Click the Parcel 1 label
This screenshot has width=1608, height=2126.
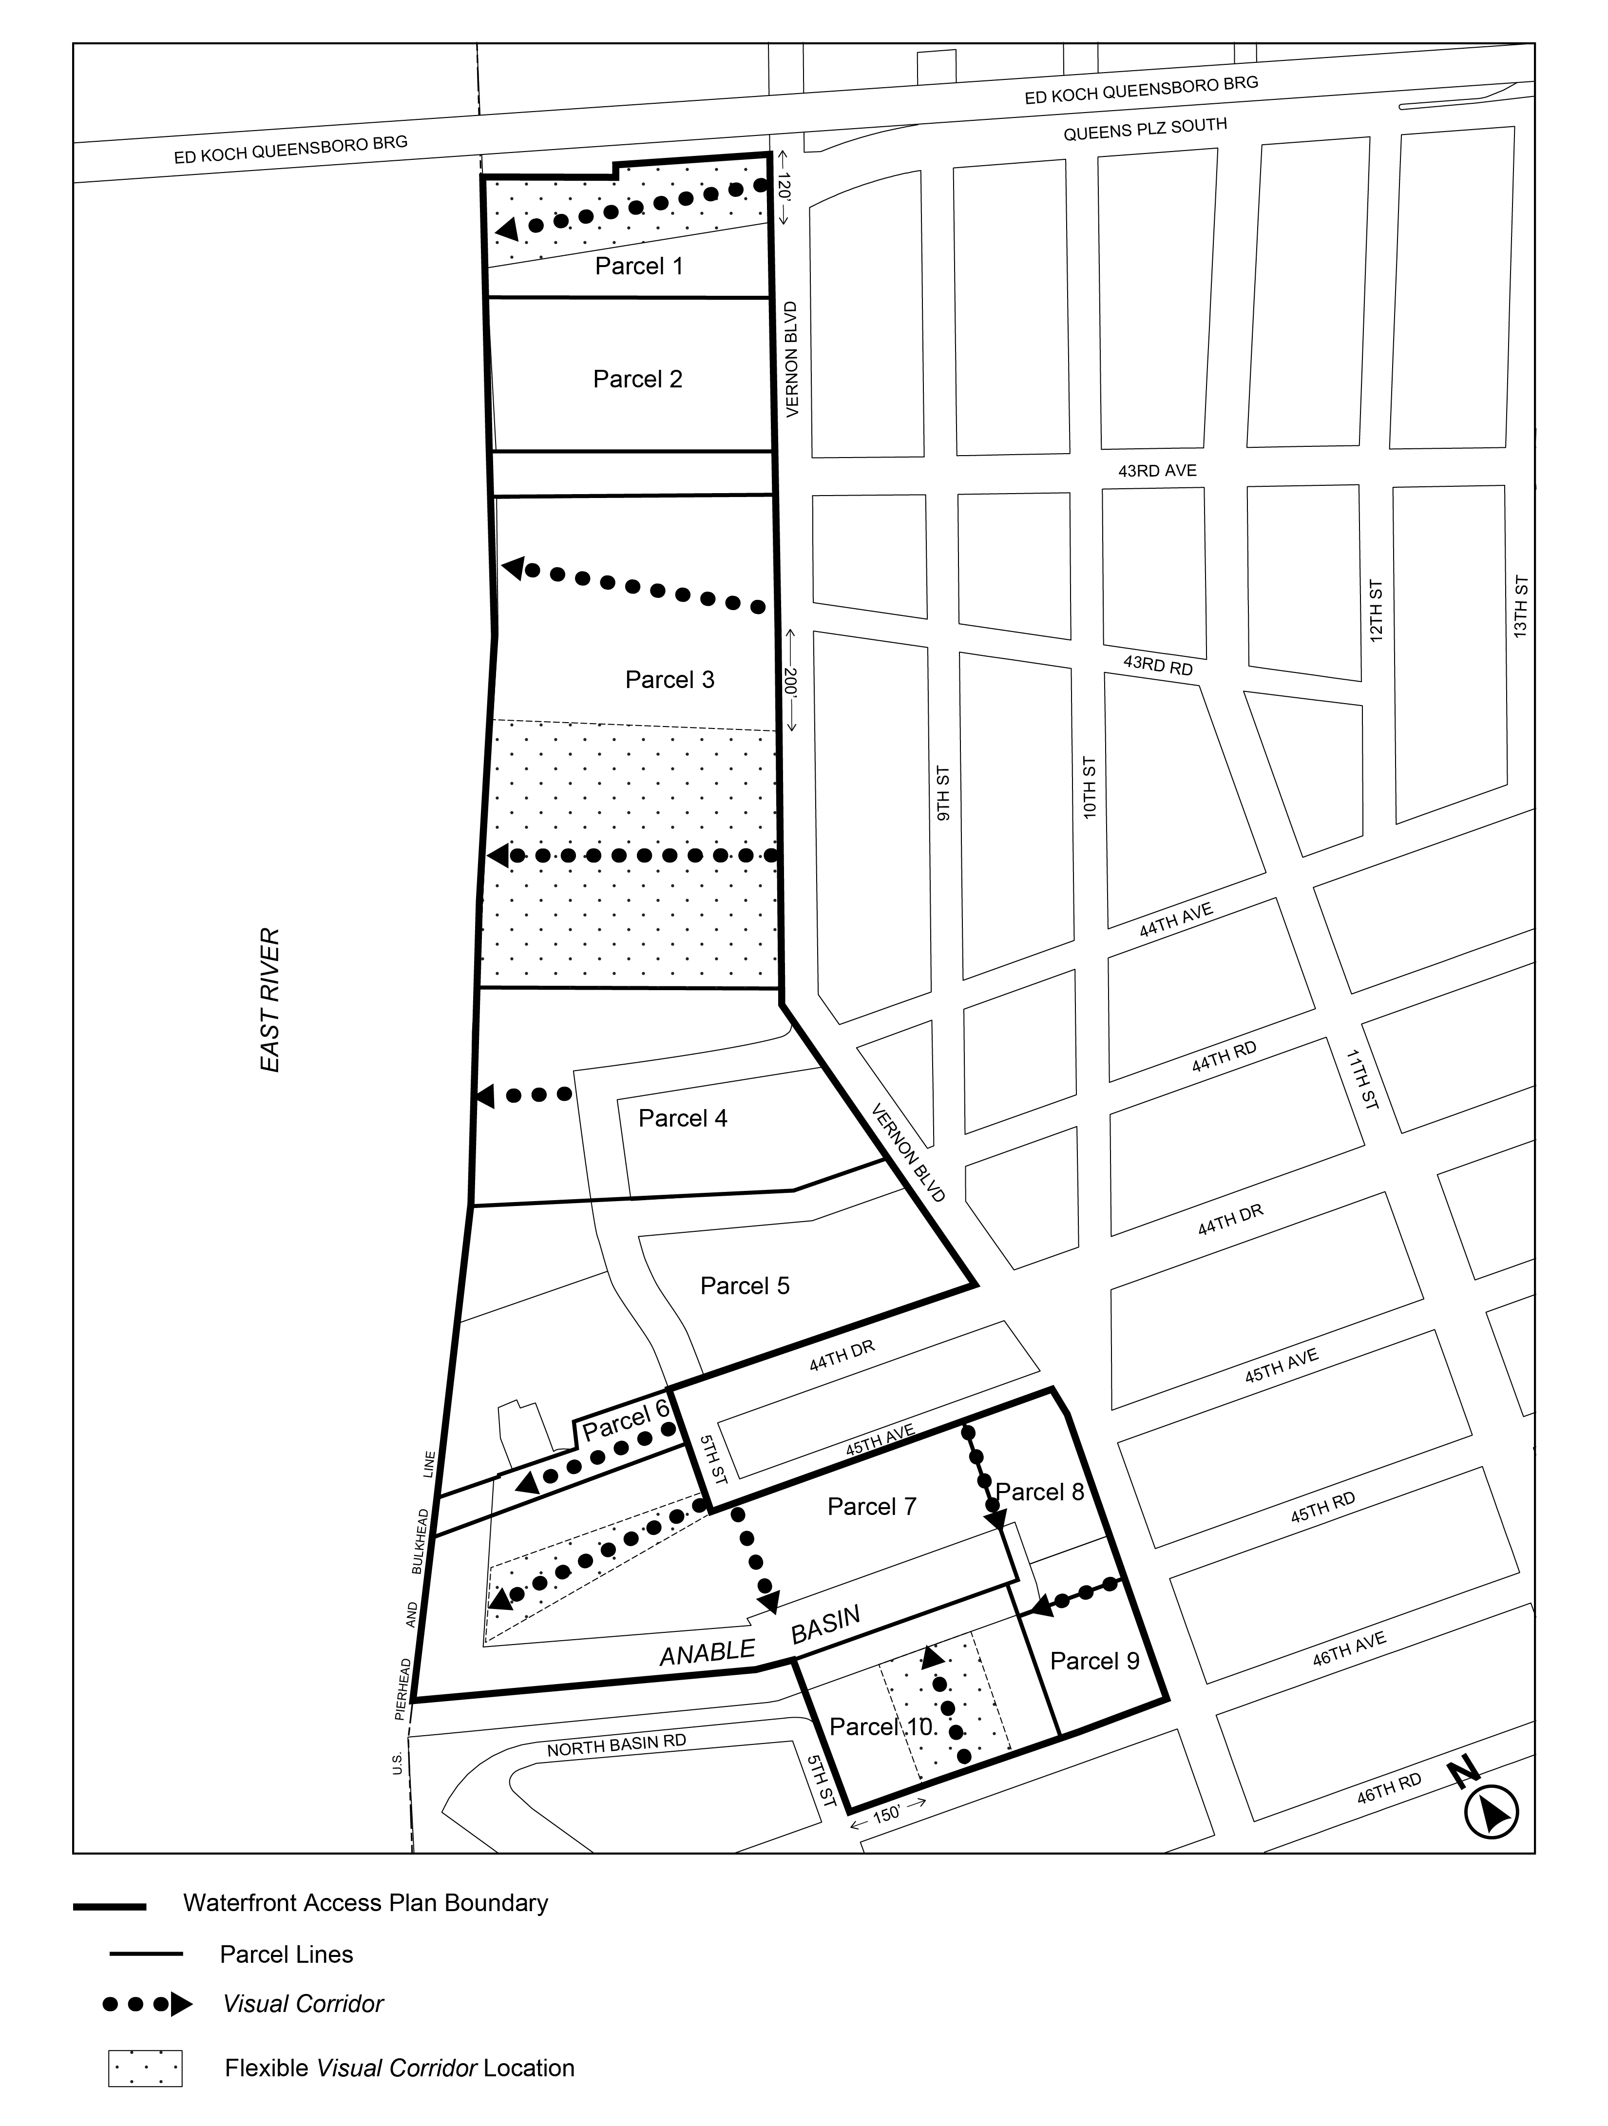[x=638, y=266]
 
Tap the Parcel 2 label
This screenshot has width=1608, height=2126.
[x=637, y=380]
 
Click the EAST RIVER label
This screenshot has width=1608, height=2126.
[x=271, y=999]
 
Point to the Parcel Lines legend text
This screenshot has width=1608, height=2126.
[x=287, y=1954]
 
